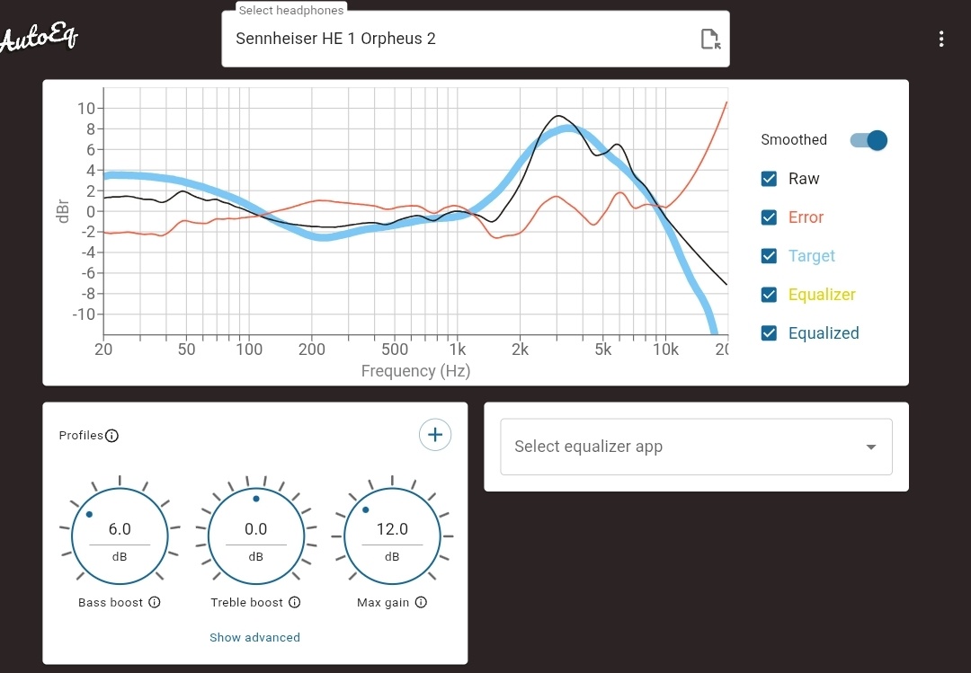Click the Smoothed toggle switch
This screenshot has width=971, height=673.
[x=869, y=140]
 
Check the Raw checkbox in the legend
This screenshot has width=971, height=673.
[x=769, y=179]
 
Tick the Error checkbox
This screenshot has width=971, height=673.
[x=769, y=217]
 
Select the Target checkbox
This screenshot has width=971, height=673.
[x=769, y=256]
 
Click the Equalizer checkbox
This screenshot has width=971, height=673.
[x=769, y=295]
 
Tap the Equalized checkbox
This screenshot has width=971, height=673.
[x=769, y=333]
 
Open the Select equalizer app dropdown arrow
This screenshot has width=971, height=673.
[x=870, y=447]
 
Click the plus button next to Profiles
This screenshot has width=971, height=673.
[x=435, y=435]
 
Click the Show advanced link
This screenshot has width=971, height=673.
[x=254, y=637]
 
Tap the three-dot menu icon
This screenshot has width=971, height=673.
[x=940, y=39]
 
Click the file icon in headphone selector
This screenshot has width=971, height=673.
[x=710, y=39]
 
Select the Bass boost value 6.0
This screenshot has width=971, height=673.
[x=120, y=529]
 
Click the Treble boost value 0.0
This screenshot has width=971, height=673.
[x=256, y=529]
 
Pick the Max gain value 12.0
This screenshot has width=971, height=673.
[x=392, y=529]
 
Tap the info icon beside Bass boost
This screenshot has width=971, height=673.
[x=155, y=602]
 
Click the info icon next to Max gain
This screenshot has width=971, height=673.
[x=421, y=602]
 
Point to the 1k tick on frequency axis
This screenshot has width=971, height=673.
[x=458, y=350]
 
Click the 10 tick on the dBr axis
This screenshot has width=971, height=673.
[x=86, y=109]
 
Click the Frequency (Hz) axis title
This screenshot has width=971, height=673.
[x=415, y=370]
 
